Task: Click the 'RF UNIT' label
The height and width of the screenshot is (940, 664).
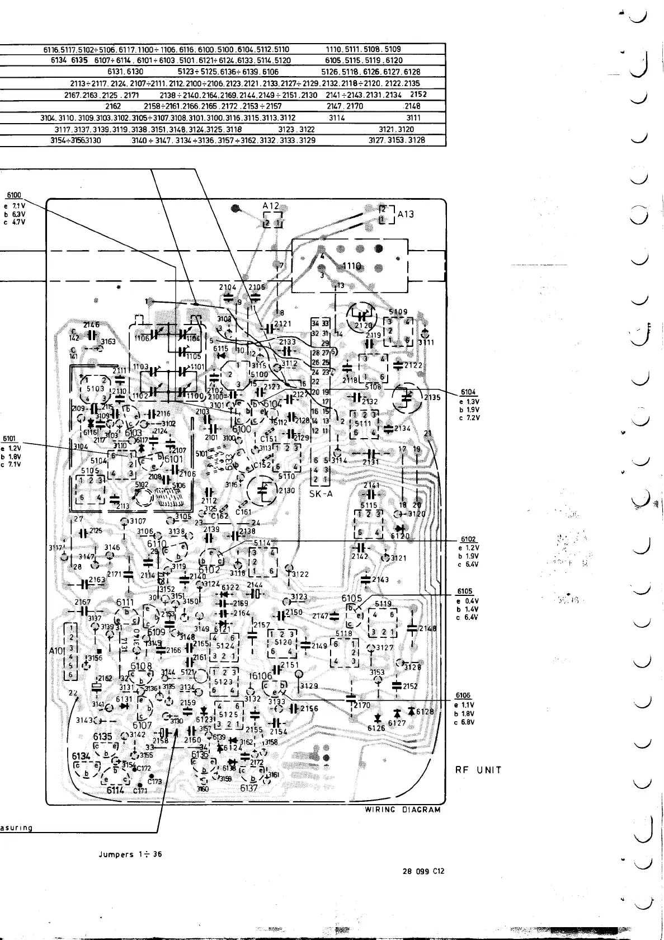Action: click(x=478, y=770)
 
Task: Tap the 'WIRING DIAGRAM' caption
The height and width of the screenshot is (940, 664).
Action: click(x=403, y=810)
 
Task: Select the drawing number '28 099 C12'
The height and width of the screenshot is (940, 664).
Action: click(x=423, y=871)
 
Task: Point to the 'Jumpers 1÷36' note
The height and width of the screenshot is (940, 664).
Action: click(x=130, y=855)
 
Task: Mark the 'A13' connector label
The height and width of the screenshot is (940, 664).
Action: click(x=406, y=214)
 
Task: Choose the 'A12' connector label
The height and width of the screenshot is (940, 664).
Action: click(x=271, y=206)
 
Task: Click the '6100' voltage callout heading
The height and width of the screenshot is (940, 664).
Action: click(x=13, y=195)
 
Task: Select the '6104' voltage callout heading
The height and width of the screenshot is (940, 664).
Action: click(x=468, y=393)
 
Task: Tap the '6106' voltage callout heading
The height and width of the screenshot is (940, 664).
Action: click(x=464, y=696)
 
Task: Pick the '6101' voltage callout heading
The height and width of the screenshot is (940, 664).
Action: click(x=10, y=439)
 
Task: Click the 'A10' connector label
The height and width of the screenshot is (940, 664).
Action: click(x=56, y=651)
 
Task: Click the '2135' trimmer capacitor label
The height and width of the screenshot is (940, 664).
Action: click(x=432, y=398)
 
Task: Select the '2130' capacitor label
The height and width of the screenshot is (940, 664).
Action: click(x=287, y=491)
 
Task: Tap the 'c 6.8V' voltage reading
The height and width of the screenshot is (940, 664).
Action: click(x=466, y=722)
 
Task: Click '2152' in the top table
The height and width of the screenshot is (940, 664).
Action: click(x=418, y=94)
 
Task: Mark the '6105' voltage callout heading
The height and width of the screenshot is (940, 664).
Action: click(x=465, y=591)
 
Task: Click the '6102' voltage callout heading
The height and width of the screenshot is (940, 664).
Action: click(x=468, y=539)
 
